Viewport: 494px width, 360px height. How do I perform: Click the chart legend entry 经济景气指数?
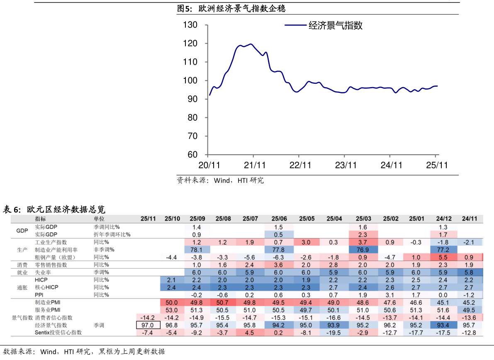point(336,25)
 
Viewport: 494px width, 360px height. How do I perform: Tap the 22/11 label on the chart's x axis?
point(300,165)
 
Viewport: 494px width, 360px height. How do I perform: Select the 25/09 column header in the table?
point(197,219)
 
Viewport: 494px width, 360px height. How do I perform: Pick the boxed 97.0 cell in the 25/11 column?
point(148,325)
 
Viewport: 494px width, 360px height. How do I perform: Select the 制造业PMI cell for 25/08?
point(222,303)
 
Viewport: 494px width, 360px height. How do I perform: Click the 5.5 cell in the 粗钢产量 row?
point(443,257)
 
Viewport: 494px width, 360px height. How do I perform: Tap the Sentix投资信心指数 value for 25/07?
point(250,333)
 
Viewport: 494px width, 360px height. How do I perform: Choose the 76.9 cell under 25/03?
point(363,250)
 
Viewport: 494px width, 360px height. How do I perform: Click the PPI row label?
point(39,295)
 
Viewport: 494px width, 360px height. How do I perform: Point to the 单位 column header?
point(99,219)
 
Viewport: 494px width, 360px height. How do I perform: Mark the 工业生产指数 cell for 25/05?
point(306,242)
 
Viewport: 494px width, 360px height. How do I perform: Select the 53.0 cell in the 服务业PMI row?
point(172,310)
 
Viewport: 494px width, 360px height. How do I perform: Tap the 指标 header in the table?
point(41,219)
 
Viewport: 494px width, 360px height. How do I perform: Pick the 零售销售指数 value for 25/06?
point(278,265)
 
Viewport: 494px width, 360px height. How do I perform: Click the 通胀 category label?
point(22,287)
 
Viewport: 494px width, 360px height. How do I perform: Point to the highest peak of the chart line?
point(251,44)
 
